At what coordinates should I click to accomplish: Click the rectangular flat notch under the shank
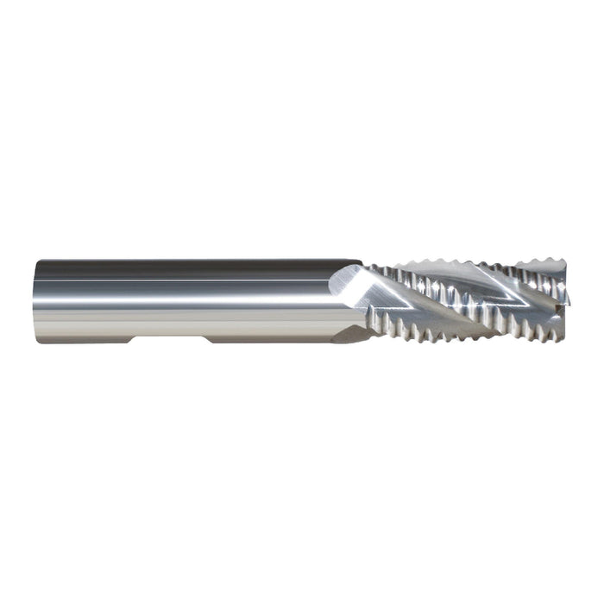(x=168, y=340)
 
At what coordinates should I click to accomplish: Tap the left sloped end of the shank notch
(x=132, y=340)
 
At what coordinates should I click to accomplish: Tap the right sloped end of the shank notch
(x=206, y=340)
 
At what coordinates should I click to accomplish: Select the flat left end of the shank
(x=37, y=301)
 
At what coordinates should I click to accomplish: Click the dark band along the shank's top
(x=190, y=264)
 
